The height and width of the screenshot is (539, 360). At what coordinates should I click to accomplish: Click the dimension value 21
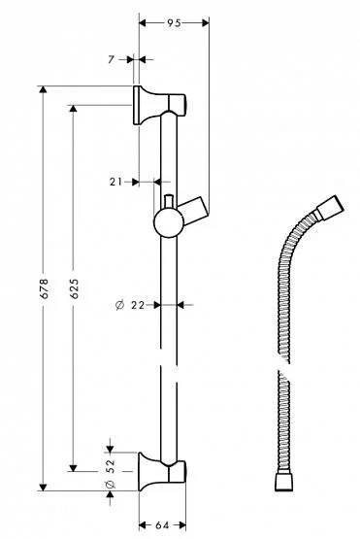tap(116, 181)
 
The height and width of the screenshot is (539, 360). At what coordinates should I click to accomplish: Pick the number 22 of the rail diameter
tap(136, 305)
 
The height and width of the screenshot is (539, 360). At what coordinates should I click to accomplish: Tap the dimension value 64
tap(162, 525)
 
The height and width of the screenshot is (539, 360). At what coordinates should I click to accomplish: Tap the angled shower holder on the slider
tap(197, 206)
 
